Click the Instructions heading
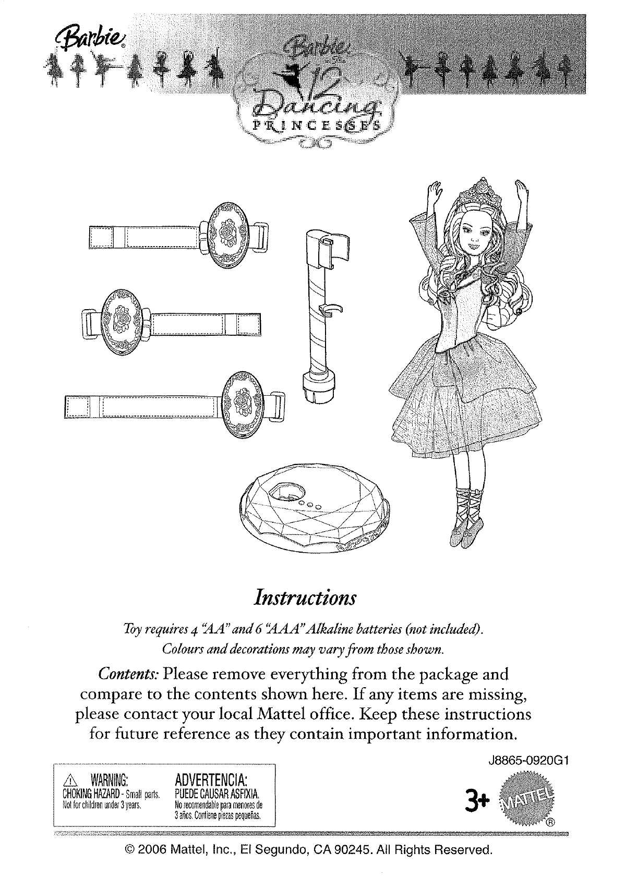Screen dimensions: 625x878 pyautogui.click(x=304, y=597)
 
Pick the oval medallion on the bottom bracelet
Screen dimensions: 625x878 pyautogui.click(x=243, y=400)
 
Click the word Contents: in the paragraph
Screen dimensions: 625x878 pyautogui.click(x=129, y=674)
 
